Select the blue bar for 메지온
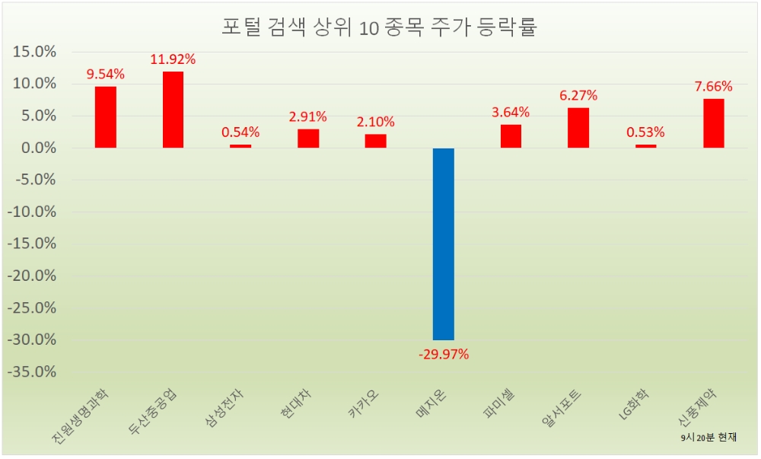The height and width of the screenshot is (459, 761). coord(444,244)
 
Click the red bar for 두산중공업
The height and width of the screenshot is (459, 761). coord(173,110)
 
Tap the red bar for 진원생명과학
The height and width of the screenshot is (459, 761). coord(106,117)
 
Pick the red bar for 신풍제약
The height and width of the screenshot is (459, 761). coord(714,123)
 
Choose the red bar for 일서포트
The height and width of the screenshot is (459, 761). coord(578,128)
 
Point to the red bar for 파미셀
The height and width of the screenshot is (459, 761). coord(511,136)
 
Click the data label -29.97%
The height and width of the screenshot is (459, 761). coord(444,354)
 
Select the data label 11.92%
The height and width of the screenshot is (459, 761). coord(173,59)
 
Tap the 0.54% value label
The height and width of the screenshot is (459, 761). coord(240,132)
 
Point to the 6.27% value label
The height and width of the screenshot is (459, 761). coord(578,95)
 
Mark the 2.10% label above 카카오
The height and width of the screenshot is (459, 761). coord(376,121)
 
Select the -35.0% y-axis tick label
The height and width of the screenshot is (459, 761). coord(32,372)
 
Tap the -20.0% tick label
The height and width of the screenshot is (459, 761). coord(32,276)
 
